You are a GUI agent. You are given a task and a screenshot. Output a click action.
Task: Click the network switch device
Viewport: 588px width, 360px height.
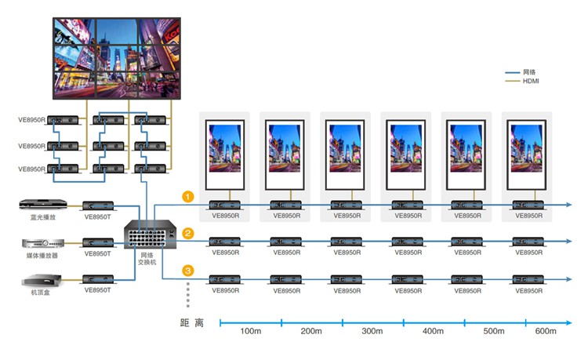(x=148, y=235)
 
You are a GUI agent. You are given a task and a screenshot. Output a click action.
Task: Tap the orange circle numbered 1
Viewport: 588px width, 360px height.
(x=188, y=196)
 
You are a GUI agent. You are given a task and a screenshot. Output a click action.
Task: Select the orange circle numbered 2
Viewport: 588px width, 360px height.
(x=188, y=233)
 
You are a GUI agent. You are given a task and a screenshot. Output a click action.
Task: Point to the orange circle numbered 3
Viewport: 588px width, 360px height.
(x=188, y=270)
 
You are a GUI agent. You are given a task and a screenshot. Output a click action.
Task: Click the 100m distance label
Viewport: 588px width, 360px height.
(x=251, y=332)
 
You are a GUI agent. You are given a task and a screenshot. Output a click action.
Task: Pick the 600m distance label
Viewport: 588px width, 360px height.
(x=545, y=332)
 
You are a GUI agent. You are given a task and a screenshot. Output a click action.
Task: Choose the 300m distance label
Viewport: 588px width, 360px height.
(x=372, y=332)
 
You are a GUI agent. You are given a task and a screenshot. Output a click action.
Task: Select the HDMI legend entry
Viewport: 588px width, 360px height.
(x=531, y=81)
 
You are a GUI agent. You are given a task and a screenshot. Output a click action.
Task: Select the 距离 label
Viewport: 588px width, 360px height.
(x=191, y=322)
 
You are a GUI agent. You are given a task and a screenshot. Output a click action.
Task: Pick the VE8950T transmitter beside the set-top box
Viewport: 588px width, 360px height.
(x=97, y=279)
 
